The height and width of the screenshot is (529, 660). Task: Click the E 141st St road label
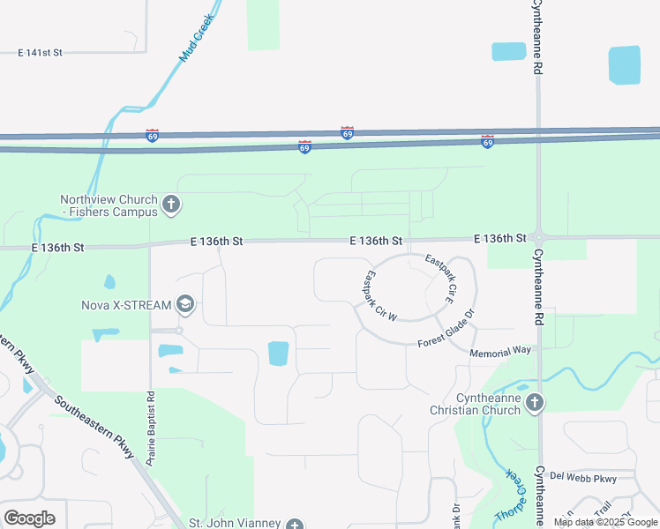point(40,53)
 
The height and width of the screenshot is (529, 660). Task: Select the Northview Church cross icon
point(171,205)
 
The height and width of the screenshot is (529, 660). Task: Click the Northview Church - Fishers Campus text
point(109,205)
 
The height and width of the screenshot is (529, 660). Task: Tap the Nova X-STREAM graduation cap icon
point(185,305)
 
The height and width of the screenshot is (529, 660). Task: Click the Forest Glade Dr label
point(447,328)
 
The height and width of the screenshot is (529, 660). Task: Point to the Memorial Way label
point(500,352)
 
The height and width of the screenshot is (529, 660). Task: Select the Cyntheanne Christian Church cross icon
point(533,403)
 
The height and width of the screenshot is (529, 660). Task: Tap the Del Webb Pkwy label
point(582,477)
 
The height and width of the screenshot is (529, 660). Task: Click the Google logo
point(29,518)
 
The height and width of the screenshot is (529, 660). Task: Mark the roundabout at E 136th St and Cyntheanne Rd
point(538,238)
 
